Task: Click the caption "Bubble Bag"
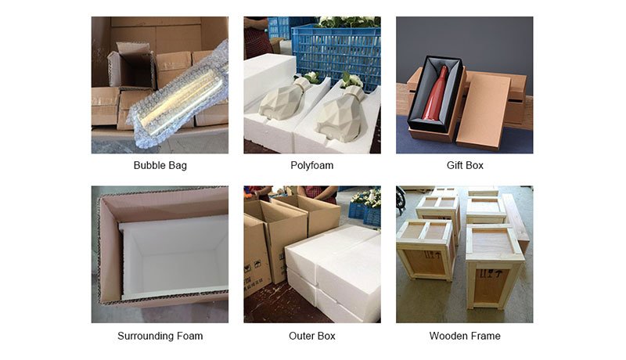pos(160,165)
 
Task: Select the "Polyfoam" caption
pos(311,165)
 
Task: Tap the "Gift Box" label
pos(465,165)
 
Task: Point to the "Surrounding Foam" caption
pos(160,336)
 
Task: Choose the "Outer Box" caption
pos(311,336)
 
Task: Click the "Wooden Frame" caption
pos(465,336)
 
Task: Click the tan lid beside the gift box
pos(483,110)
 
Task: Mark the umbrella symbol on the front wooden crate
pos(498,274)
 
